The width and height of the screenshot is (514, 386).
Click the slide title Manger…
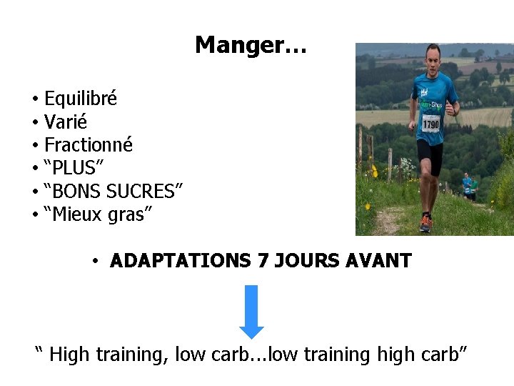tap(251, 45)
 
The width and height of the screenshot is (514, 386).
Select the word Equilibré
tap(81, 99)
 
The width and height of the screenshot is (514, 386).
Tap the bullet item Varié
tap(65, 122)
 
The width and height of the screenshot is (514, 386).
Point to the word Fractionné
tap(89, 145)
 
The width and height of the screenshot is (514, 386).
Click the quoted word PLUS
tap(74, 168)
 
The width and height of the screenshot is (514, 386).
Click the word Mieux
tap(77, 214)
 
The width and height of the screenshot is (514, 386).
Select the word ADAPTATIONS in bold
tap(181, 261)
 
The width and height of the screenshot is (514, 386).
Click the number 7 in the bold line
tap(263, 261)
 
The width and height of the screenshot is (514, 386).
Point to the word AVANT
tap(378, 261)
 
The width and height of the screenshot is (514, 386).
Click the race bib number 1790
tap(430, 124)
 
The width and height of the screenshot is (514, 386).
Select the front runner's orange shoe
tap(426, 223)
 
